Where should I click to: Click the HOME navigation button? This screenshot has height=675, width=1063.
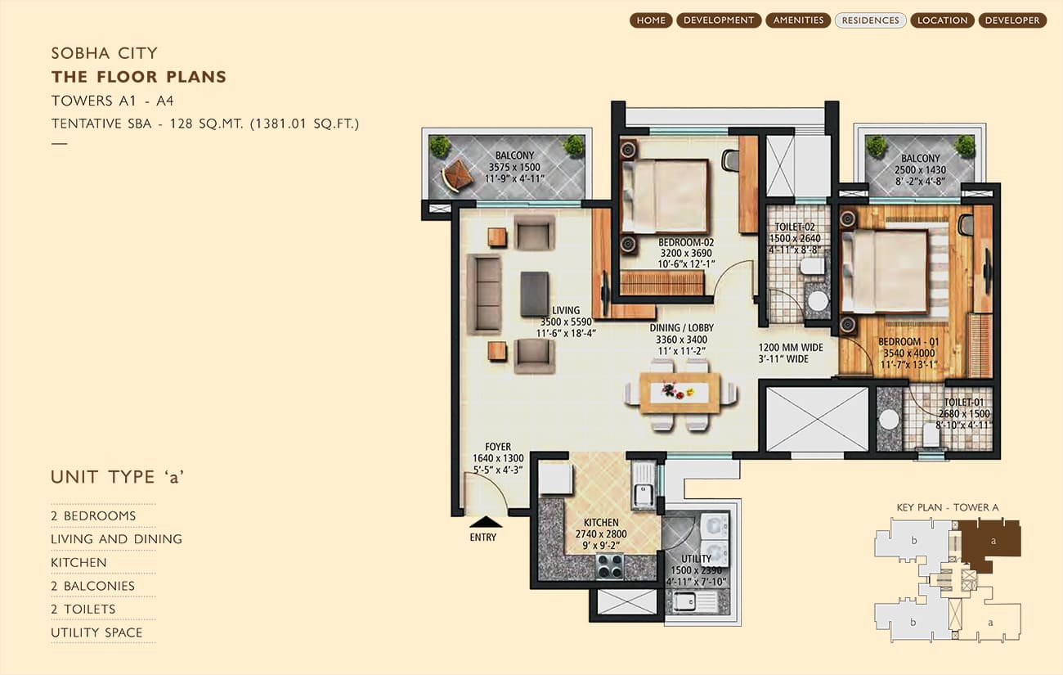(x=651, y=20)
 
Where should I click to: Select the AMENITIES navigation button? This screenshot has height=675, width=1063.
(x=798, y=20)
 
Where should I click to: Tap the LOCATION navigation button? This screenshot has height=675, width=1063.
(x=942, y=20)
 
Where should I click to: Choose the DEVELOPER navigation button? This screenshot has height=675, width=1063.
(x=1012, y=20)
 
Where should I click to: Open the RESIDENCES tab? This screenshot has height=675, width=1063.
(x=870, y=20)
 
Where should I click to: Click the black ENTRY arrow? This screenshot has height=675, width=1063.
(x=486, y=522)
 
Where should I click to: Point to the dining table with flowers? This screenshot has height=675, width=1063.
(x=680, y=393)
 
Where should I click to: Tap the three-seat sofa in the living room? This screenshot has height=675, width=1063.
(x=484, y=294)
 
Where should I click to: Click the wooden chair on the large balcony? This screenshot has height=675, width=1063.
(x=457, y=176)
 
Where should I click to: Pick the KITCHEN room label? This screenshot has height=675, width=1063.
(x=601, y=522)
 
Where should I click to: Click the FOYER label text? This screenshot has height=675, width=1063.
(x=498, y=447)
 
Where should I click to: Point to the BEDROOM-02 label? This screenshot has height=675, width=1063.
(x=686, y=242)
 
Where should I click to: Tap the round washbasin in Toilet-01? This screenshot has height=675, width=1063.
(x=888, y=420)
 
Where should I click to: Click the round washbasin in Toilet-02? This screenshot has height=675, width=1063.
(x=818, y=300)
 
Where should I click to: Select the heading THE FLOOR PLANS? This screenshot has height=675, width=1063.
(x=138, y=77)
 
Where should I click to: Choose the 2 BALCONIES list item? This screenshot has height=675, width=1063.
(x=92, y=586)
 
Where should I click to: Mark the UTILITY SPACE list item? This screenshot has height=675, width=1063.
(x=96, y=632)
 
